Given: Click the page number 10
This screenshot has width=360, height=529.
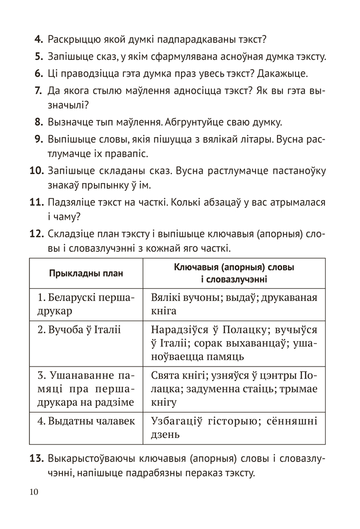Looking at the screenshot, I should coord(34,492).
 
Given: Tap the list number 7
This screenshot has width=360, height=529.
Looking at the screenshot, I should coord(38,90).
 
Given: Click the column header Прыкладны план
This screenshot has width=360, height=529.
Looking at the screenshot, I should coord(86,273).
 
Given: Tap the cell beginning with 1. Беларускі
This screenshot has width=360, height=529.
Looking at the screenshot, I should coord(86,304).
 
